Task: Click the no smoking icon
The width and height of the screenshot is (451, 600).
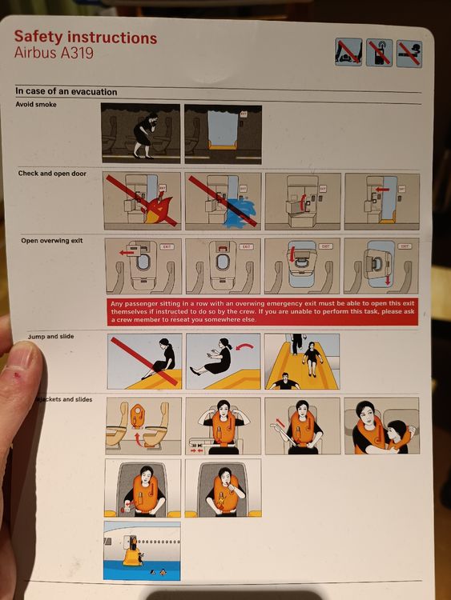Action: click(409, 53)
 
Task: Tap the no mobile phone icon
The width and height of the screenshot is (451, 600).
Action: click(379, 53)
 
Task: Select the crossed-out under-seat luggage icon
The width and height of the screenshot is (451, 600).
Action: click(348, 53)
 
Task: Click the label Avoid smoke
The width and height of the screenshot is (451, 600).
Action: click(36, 105)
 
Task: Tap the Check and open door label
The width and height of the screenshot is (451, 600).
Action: click(52, 174)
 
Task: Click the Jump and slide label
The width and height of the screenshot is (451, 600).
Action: click(50, 337)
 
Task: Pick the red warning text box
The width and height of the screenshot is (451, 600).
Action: click(263, 310)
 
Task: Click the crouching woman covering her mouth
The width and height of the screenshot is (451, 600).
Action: click(145, 134)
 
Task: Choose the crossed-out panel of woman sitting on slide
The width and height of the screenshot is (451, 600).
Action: click(144, 361)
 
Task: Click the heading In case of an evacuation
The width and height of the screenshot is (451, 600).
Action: click(66, 92)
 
